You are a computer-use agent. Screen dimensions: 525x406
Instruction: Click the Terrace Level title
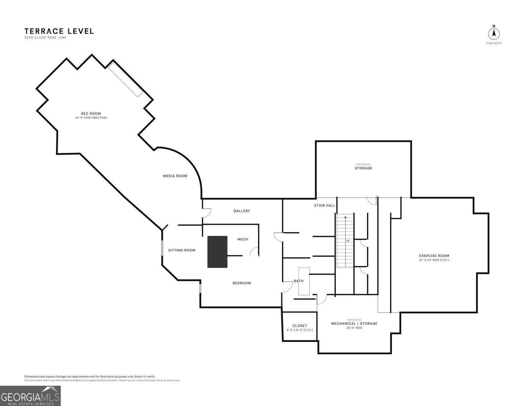(x=59, y=31)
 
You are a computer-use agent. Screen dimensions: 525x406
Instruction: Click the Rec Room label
(x=91, y=113)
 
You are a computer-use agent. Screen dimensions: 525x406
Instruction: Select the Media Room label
(x=175, y=176)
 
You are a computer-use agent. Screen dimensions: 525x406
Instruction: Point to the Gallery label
(x=242, y=211)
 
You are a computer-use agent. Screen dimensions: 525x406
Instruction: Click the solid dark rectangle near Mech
(x=217, y=252)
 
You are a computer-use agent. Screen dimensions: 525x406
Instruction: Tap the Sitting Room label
(x=182, y=250)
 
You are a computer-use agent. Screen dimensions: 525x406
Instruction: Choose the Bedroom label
(x=242, y=283)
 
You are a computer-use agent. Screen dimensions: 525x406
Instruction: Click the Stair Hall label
(x=325, y=206)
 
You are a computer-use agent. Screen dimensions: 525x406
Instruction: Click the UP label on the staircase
(x=348, y=241)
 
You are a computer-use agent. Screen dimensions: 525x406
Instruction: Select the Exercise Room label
(x=434, y=255)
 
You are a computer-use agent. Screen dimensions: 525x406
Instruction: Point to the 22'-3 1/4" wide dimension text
(x=434, y=260)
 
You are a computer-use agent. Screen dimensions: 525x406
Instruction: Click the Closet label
(x=300, y=326)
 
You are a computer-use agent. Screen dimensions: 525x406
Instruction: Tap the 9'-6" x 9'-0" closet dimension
(x=300, y=330)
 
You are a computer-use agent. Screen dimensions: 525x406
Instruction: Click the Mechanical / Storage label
(x=354, y=323)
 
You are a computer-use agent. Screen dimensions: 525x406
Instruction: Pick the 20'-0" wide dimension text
(x=354, y=328)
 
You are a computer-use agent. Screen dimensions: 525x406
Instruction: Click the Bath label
(x=299, y=281)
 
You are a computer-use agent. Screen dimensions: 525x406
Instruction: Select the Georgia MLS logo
(x=30, y=396)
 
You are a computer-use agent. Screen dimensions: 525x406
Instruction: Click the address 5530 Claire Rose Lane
(x=45, y=38)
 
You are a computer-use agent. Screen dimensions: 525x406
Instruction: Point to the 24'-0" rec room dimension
(x=91, y=118)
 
